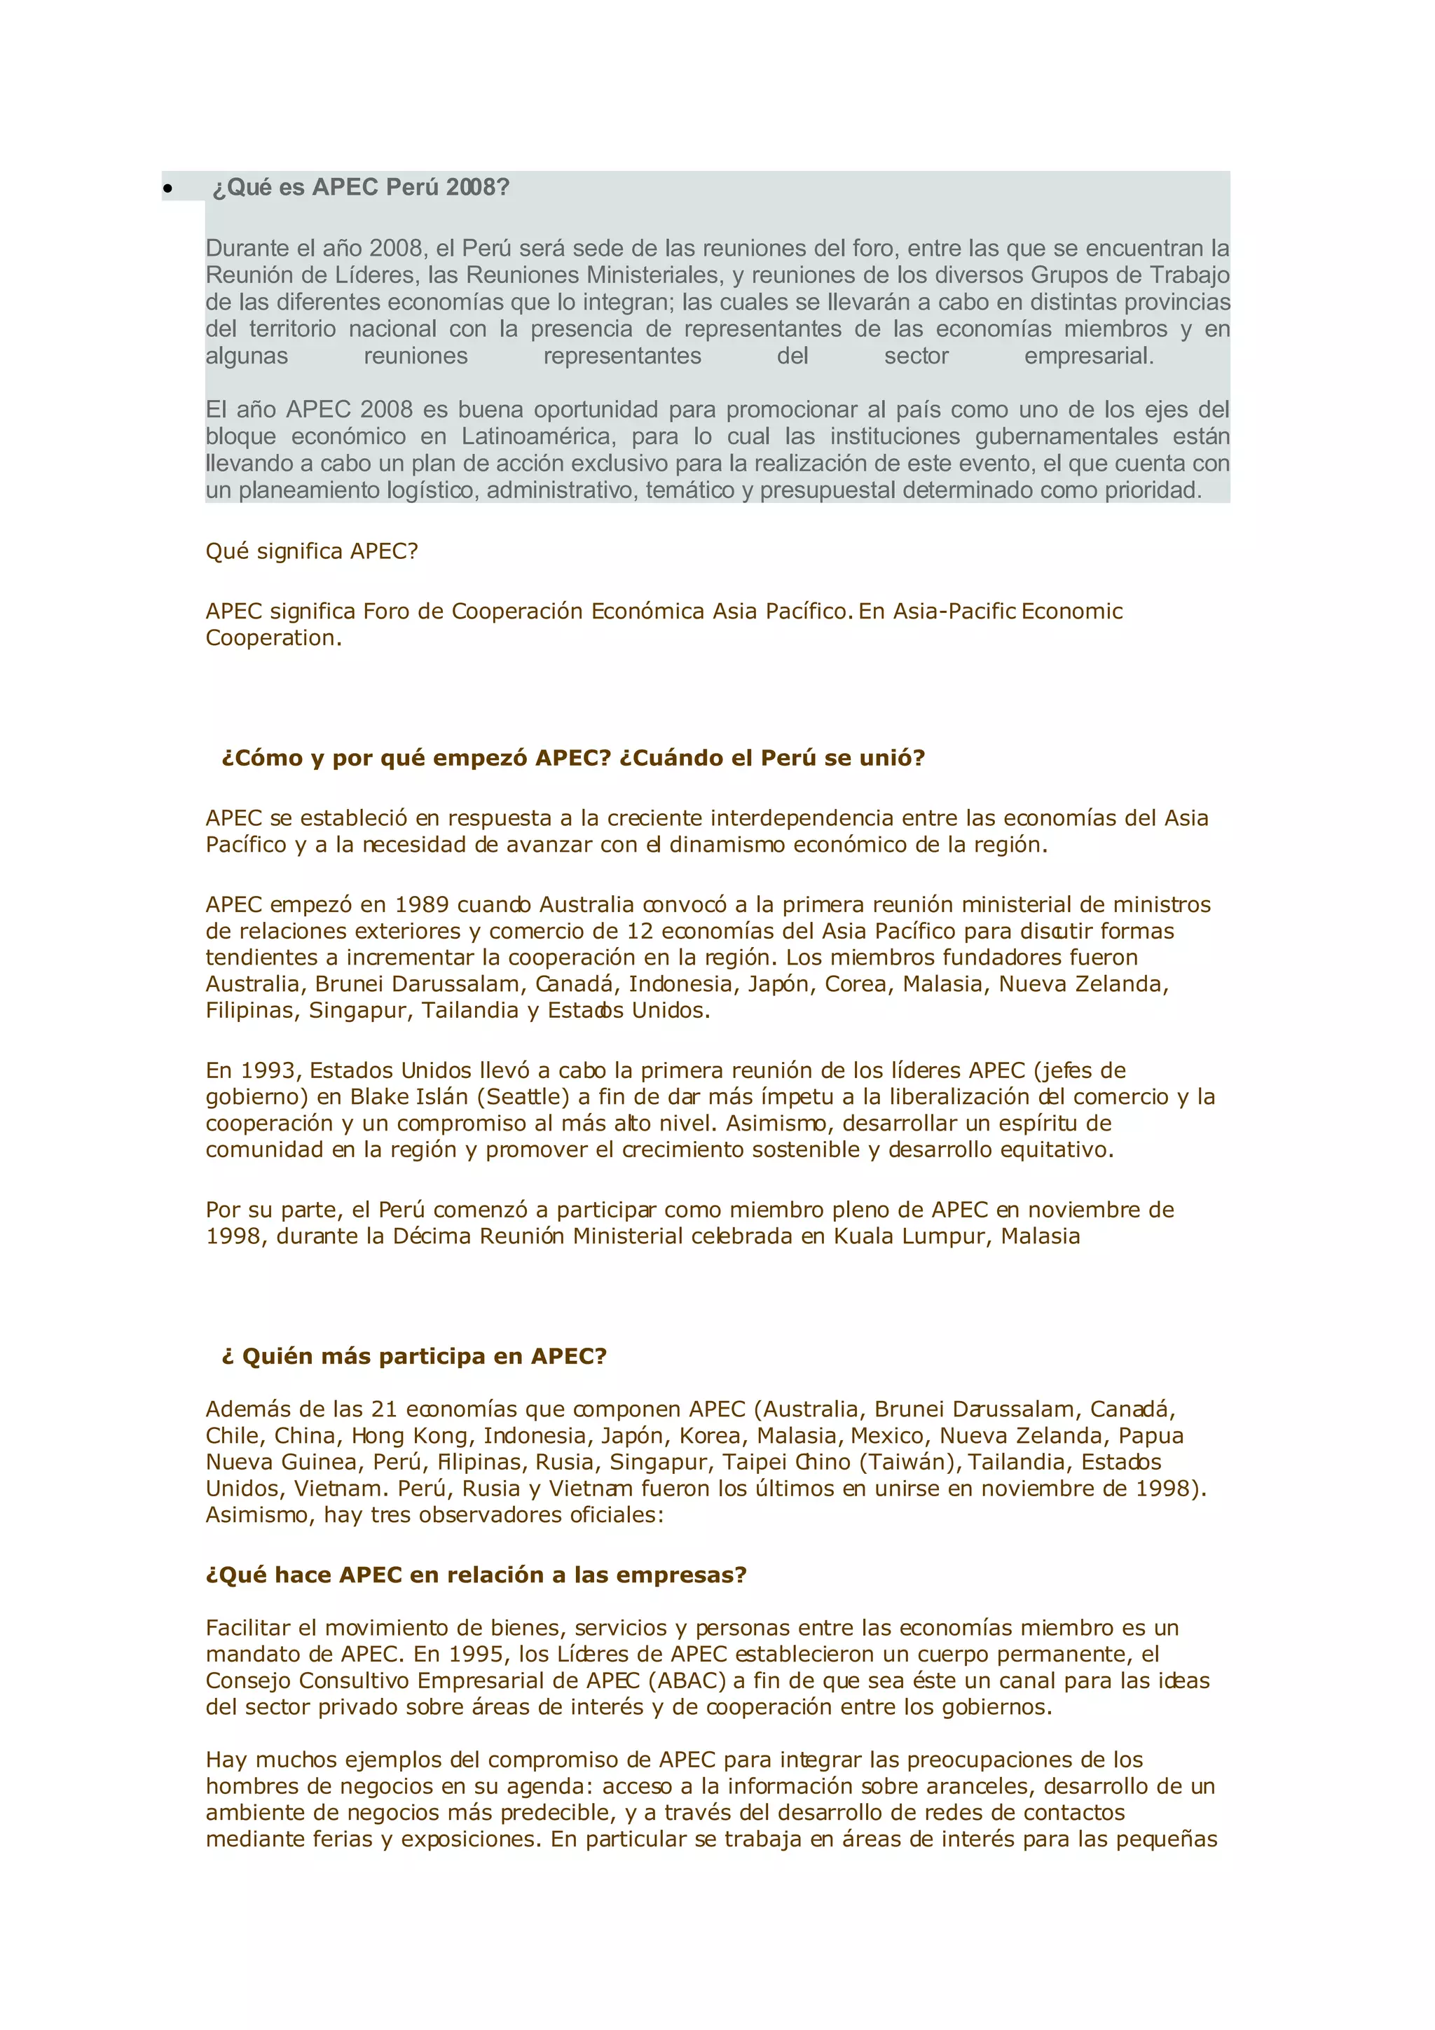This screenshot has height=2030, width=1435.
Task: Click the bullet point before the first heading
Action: pyautogui.click(x=167, y=188)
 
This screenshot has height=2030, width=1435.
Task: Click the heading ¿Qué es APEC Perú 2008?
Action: pyautogui.click(x=361, y=188)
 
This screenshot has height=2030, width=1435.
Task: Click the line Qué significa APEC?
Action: pyautogui.click(x=311, y=552)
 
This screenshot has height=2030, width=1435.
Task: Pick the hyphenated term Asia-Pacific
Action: pyautogui.click(x=954, y=612)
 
